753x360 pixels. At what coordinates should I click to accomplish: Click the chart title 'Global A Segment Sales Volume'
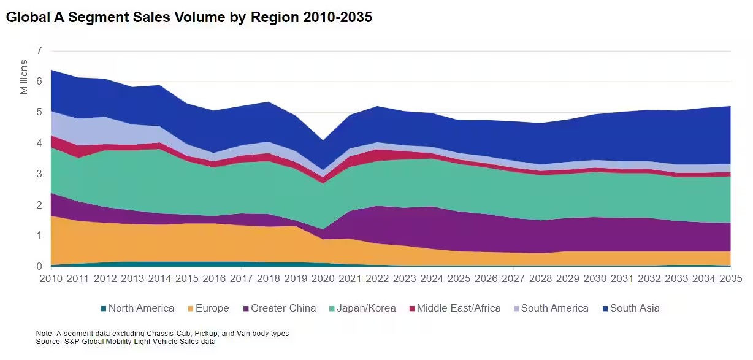[189, 18]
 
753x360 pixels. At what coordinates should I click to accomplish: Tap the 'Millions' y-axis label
[24, 77]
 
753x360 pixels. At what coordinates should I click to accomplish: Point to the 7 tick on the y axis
[39, 51]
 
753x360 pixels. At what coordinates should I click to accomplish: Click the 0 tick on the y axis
[39, 267]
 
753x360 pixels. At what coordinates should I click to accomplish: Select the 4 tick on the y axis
[39, 144]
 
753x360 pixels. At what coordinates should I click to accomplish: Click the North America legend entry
[140, 308]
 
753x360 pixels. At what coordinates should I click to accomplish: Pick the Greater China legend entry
[283, 308]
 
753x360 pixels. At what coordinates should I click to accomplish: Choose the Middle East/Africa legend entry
[458, 308]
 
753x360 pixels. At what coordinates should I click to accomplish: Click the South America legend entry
[554, 308]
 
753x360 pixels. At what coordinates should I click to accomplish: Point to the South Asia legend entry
[635, 308]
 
